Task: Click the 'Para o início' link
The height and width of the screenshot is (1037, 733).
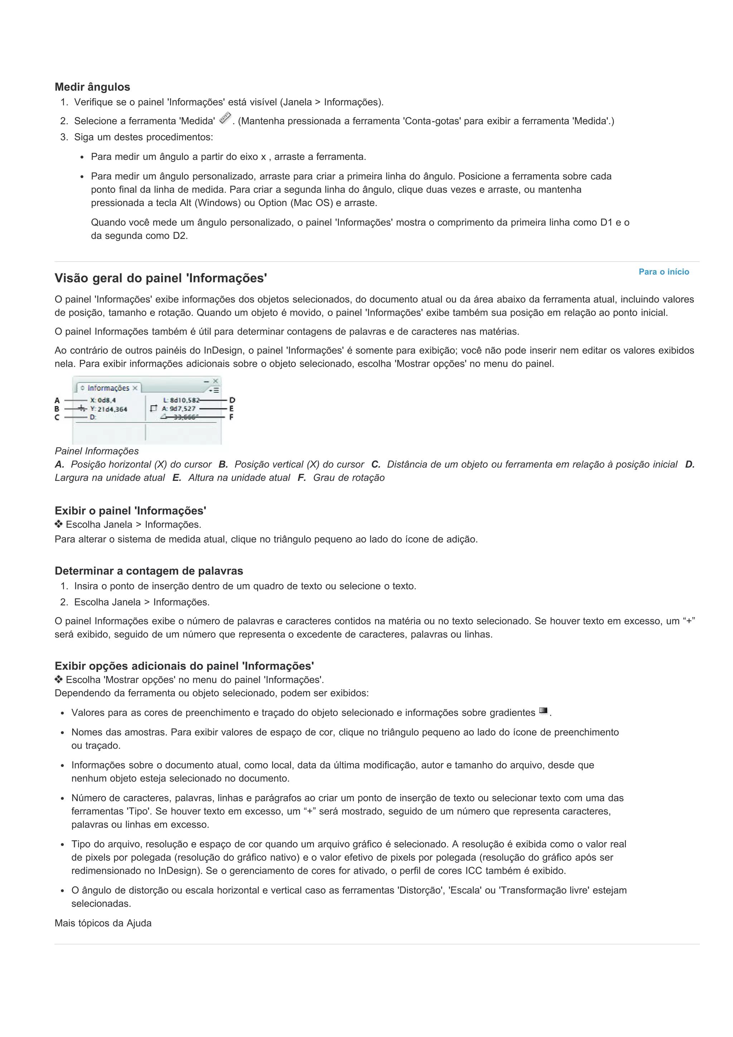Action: point(664,272)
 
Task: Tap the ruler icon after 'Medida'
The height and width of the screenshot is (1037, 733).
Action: point(225,118)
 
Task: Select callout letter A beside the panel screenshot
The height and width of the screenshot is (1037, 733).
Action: point(57,400)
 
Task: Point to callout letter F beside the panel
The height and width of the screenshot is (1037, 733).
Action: point(231,417)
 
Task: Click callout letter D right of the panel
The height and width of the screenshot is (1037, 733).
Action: point(232,400)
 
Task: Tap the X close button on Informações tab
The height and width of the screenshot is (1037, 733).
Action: point(135,388)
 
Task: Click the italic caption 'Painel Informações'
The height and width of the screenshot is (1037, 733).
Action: point(97,451)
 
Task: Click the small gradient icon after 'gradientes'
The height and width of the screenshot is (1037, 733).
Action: point(543,711)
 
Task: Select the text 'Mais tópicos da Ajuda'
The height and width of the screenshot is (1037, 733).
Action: point(103,923)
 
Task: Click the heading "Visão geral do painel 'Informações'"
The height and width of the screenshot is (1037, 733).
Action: point(160,278)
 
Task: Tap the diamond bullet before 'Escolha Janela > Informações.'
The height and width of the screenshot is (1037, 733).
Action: point(58,524)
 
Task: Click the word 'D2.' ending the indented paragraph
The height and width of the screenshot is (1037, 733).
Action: point(180,236)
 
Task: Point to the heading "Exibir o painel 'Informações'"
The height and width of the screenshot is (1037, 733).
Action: point(130,511)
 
